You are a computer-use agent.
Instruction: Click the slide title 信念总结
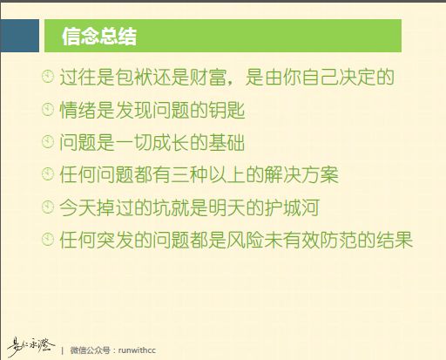click(99, 37)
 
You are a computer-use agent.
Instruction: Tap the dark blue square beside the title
click(19, 36)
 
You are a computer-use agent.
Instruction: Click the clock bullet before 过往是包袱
click(48, 77)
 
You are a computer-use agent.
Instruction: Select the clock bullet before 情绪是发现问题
click(48, 110)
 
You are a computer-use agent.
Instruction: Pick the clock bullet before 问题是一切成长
click(48, 142)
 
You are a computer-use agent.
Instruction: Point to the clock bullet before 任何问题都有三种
click(48, 174)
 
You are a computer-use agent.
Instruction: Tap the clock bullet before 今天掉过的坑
click(48, 207)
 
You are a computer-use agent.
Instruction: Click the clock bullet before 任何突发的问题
click(48, 240)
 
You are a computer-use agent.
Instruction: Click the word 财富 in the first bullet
click(208, 77)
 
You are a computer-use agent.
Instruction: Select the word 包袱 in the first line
click(133, 77)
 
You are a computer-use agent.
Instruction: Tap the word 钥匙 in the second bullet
click(226, 110)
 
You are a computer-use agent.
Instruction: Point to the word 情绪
click(78, 110)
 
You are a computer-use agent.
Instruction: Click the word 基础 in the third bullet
click(226, 142)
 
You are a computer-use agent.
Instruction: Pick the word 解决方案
click(301, 175)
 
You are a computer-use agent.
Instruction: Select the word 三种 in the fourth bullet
click(189, 175)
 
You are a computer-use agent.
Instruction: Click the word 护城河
click(292, 207)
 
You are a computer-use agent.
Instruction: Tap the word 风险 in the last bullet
click(246, 240)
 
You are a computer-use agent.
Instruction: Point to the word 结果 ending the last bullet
click(395, 240)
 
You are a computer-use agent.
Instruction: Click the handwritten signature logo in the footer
click(30, 346)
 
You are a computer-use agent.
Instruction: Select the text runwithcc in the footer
click(137, 350)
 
